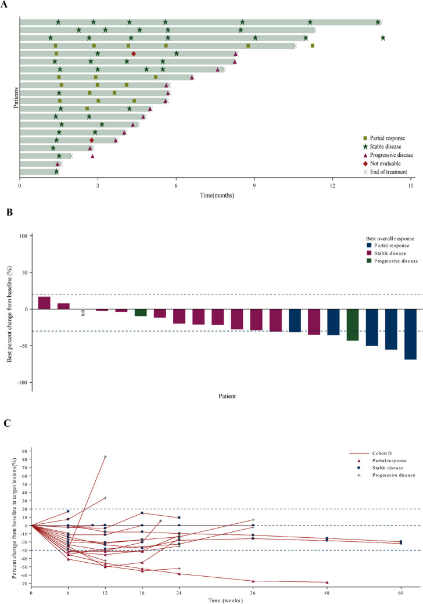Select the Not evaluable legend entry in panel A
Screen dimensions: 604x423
(383, 163)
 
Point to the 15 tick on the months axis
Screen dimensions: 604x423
(411, 186)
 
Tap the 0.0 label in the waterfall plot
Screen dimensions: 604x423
(83, 314)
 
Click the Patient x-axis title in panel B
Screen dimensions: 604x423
(227, 397)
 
